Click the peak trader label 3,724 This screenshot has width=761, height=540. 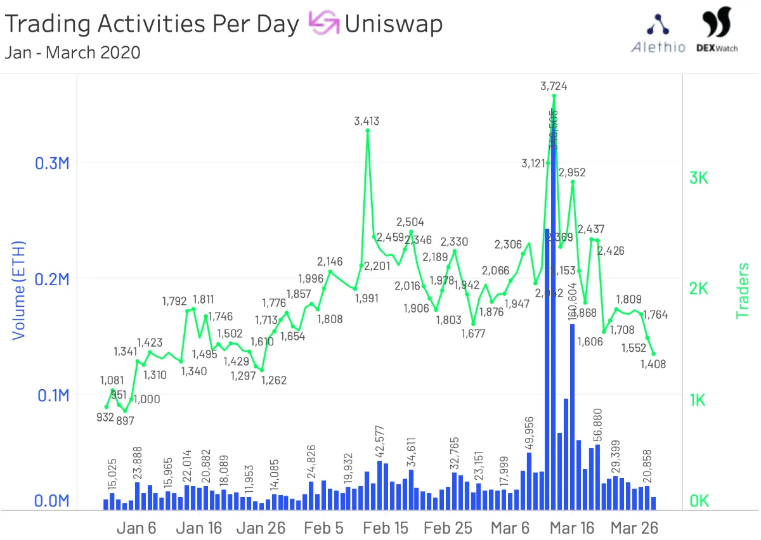[554, 86]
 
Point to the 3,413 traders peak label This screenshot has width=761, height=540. [367, 121]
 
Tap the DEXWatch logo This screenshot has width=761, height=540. [717, 30]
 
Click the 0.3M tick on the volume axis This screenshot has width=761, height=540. [50, 164]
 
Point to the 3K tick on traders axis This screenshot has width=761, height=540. [699, 178]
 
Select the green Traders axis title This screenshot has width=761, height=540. [743, 291]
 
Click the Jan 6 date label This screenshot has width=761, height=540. [136, 528]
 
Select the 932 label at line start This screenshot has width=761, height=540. [105, 418]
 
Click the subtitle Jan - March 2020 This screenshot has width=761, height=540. [72, 52]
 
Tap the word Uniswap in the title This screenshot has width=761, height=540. [394, 24]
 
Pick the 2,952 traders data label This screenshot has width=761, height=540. [572, 172]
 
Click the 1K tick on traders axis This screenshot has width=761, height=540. [699, 400]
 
